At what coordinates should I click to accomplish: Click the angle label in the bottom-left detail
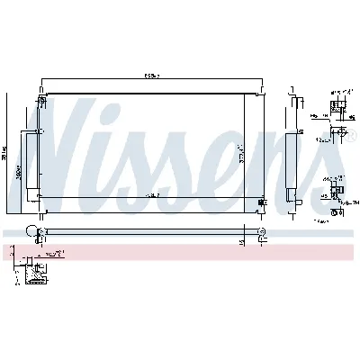(x=62, y=256)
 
